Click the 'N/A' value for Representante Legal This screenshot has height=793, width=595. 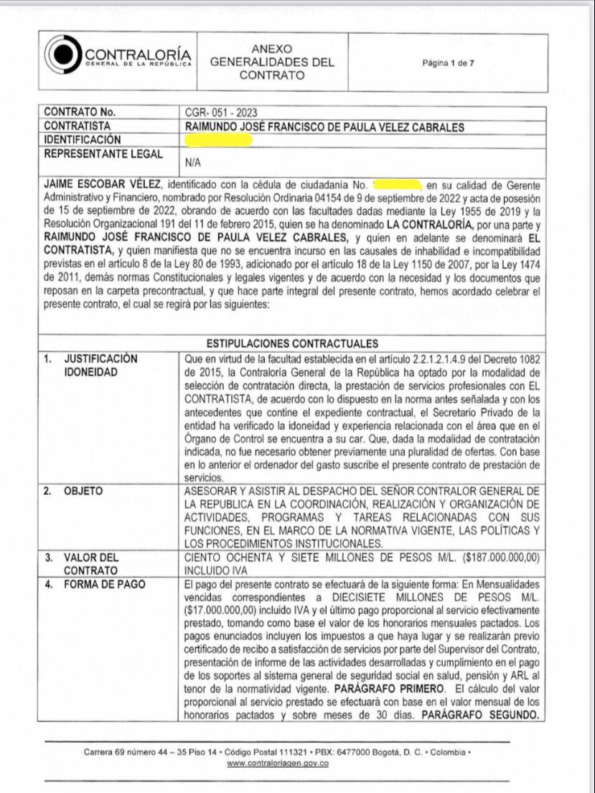pos(193,163)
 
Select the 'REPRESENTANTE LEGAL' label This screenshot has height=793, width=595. pos(103,154)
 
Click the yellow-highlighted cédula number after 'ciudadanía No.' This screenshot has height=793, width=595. pos(397,186)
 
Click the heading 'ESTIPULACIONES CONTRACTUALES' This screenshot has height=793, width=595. pos(292,343)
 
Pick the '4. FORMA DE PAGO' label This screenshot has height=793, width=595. pos(95,584)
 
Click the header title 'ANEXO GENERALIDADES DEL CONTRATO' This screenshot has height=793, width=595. pos(272,62)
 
